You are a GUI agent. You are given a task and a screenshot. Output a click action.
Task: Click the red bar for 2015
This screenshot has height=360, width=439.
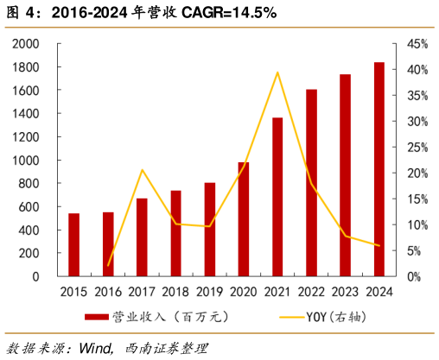[74, 245]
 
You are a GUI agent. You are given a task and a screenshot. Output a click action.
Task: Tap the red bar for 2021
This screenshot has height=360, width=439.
[277, 197]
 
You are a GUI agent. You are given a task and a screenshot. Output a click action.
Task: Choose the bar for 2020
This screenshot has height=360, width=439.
[244, 219]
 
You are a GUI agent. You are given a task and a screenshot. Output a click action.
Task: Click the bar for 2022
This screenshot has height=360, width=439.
[311, 183]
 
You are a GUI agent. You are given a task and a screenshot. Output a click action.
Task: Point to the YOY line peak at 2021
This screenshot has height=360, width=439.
[277, 73]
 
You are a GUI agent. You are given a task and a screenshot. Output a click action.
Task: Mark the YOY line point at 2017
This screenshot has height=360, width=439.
[143, 169]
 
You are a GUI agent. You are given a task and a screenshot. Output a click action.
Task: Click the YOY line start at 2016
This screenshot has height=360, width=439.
[109, 265]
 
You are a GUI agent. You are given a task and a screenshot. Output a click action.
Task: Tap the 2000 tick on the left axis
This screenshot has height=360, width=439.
[25, 44]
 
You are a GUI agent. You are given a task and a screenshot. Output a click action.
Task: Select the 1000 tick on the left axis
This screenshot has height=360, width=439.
[25, 161]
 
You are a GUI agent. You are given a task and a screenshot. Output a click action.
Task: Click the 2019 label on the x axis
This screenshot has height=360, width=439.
[210, 291]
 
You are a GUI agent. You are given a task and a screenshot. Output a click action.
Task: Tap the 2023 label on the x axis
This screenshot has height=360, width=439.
[346, 291]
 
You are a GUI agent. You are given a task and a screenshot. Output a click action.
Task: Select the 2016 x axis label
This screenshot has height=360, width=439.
[109, 291]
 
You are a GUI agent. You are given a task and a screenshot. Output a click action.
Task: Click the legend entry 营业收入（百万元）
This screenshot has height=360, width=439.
[156, 317]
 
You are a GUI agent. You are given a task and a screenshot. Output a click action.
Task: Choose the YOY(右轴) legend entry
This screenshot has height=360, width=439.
[319, 317]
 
